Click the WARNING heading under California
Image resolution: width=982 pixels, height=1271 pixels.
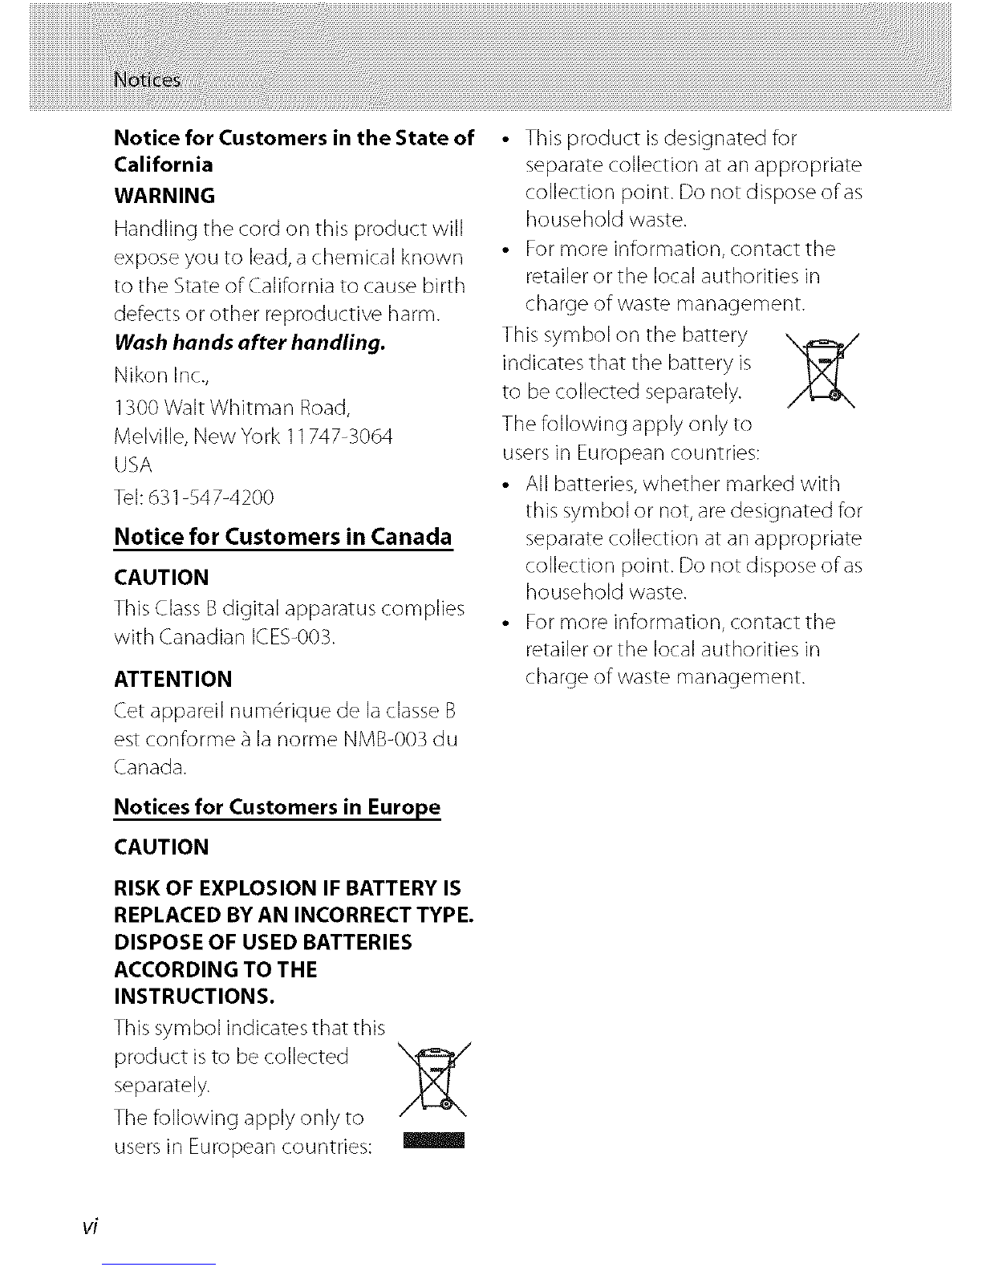click(x=164, y=196)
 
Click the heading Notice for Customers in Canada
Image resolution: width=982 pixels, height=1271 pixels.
click(x=283, y=536)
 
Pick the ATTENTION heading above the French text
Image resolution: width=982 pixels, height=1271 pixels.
click(x=173, y=679)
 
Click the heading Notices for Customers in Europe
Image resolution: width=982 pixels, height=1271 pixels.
click(x=278, y=806)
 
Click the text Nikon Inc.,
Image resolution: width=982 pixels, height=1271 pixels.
click(x=158, y=376)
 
